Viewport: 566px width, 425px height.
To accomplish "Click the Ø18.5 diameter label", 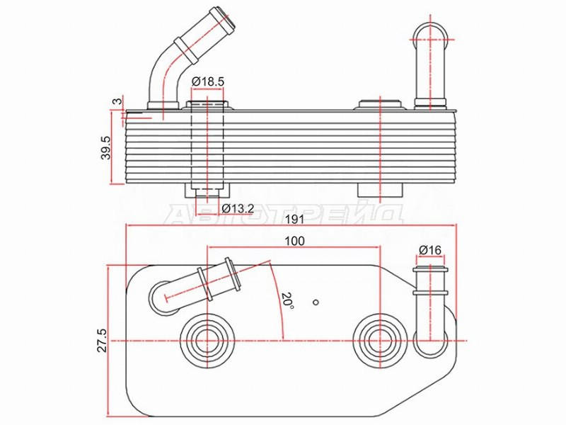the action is [x=207, y=81].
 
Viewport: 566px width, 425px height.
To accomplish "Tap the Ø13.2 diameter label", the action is [x=238, y=208].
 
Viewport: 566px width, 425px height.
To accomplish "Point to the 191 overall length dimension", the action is [x=294, y=220].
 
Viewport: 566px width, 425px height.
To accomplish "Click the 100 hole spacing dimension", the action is [x=294, y=241].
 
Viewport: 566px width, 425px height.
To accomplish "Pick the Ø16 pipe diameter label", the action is [x=430, y=250].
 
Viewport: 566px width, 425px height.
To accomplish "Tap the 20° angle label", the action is [x=288, y=300].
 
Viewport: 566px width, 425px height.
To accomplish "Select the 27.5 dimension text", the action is [x=103, y=340].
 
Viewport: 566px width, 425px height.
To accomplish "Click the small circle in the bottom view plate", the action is [x=316, y=302].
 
